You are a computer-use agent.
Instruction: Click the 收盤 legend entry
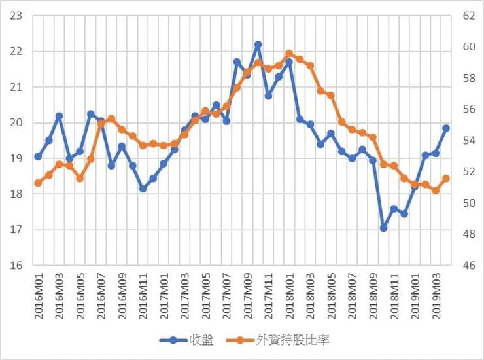tap(186, 340)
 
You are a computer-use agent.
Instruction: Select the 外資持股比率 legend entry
tap(278, 340)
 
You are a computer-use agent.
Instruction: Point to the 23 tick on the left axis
tap(16, 16)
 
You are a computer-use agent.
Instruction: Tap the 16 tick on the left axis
tap(16, 266)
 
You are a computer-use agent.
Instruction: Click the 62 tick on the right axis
tap(469, 16)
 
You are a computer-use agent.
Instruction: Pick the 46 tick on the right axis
tap(469, 266)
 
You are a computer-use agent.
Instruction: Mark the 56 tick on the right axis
tap(469, 109)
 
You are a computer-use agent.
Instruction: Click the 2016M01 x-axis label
tap(39, 296)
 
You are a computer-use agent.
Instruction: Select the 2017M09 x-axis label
tap(248, 296)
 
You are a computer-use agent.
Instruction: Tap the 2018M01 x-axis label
tap(290, 296)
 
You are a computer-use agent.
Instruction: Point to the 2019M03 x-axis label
tap(436, 296)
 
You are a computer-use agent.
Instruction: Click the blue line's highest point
tap(258, 45)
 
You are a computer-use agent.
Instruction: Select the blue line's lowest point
tap(383, 228)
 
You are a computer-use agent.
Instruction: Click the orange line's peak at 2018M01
tap(289, 54)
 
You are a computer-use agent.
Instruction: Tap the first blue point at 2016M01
tap(38, 156)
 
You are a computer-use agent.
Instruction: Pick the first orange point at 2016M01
tap(38, 183)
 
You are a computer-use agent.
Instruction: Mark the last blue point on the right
tap(446, 128)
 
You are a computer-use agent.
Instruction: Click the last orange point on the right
tap(446, 179)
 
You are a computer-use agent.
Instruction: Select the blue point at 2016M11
tap(143, 189)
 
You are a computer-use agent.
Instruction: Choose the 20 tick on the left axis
tap(16, 123)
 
